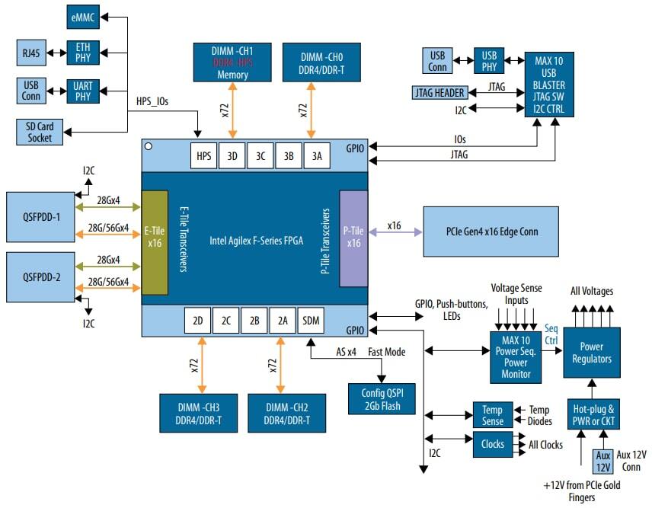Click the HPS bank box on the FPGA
[203, 155]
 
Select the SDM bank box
[311, 321]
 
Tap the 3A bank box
[317, 155]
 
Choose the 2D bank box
[197, 321]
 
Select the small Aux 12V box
[602, 460]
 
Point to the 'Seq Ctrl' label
[552, 334]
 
